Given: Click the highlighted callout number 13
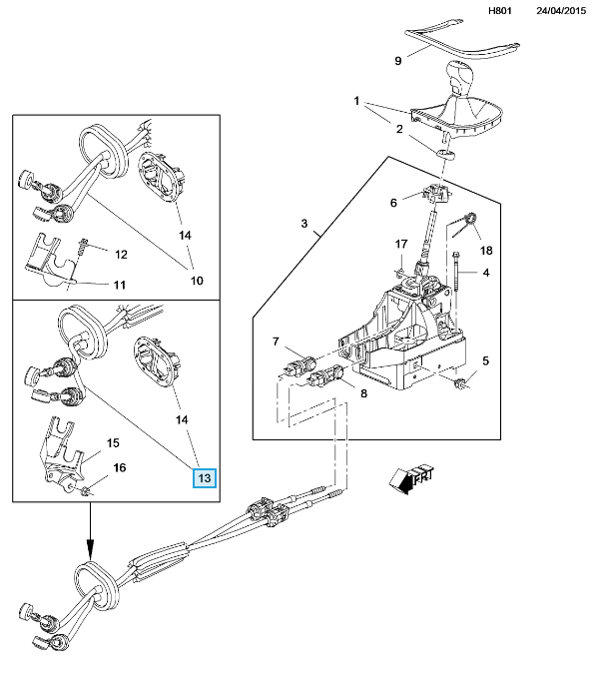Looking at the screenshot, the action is pyautogui.click(x=205, y=478).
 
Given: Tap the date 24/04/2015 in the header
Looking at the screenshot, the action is pyautogui.click(x=561, y=11).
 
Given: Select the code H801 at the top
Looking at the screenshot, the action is pyautogui.click(x=500, y=11).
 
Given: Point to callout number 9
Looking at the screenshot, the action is pyautogui.click(x=398, y=61).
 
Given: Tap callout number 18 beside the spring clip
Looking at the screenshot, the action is pyautogui.click(x=486, y=251).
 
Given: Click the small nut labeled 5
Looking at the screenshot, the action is pyautogui.click(x=461, y=383).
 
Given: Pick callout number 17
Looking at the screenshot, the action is pyautogui.click(x=401, y=245).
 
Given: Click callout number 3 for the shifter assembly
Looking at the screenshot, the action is pyautogui.click(x=303, y=224).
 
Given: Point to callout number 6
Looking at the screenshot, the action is pyautogui.click(x=393, y=203).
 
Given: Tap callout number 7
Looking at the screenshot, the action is pyautogui.click(x=276, y=342).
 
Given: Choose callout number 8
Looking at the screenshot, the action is pyautogui.click(x=363, y=393).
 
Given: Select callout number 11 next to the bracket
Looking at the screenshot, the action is pyautogui.click(x=119, y=285).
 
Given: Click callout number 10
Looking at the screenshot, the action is pyautogui.click(x=197, y=281).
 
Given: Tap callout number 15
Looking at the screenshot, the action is pyautogui.click(x=113, y=442).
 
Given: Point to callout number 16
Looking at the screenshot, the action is pyautogui.click(x=120, y=467).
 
